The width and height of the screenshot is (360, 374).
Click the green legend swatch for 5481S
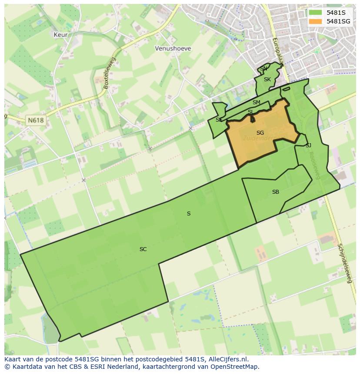[315, 13]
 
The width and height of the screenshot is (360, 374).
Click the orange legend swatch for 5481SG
[315, 21]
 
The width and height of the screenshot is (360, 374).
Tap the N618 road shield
[35, 120]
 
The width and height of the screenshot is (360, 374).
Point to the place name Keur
[60, 34]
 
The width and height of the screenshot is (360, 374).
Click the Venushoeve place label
[173, 49]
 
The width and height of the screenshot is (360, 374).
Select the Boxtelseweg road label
[110, 73]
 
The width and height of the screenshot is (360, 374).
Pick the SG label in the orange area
[260, 133]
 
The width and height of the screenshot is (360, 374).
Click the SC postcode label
[143, 249]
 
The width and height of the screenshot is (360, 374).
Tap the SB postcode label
[276, 192]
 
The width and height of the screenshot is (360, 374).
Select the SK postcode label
[267, 79]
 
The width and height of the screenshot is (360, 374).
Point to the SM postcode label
[256, 103]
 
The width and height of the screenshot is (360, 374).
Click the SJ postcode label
[308, 146]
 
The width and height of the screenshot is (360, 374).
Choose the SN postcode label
[264, 69]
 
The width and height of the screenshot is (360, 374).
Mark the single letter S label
[189, 214]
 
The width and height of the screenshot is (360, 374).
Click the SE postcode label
[219, 120]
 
